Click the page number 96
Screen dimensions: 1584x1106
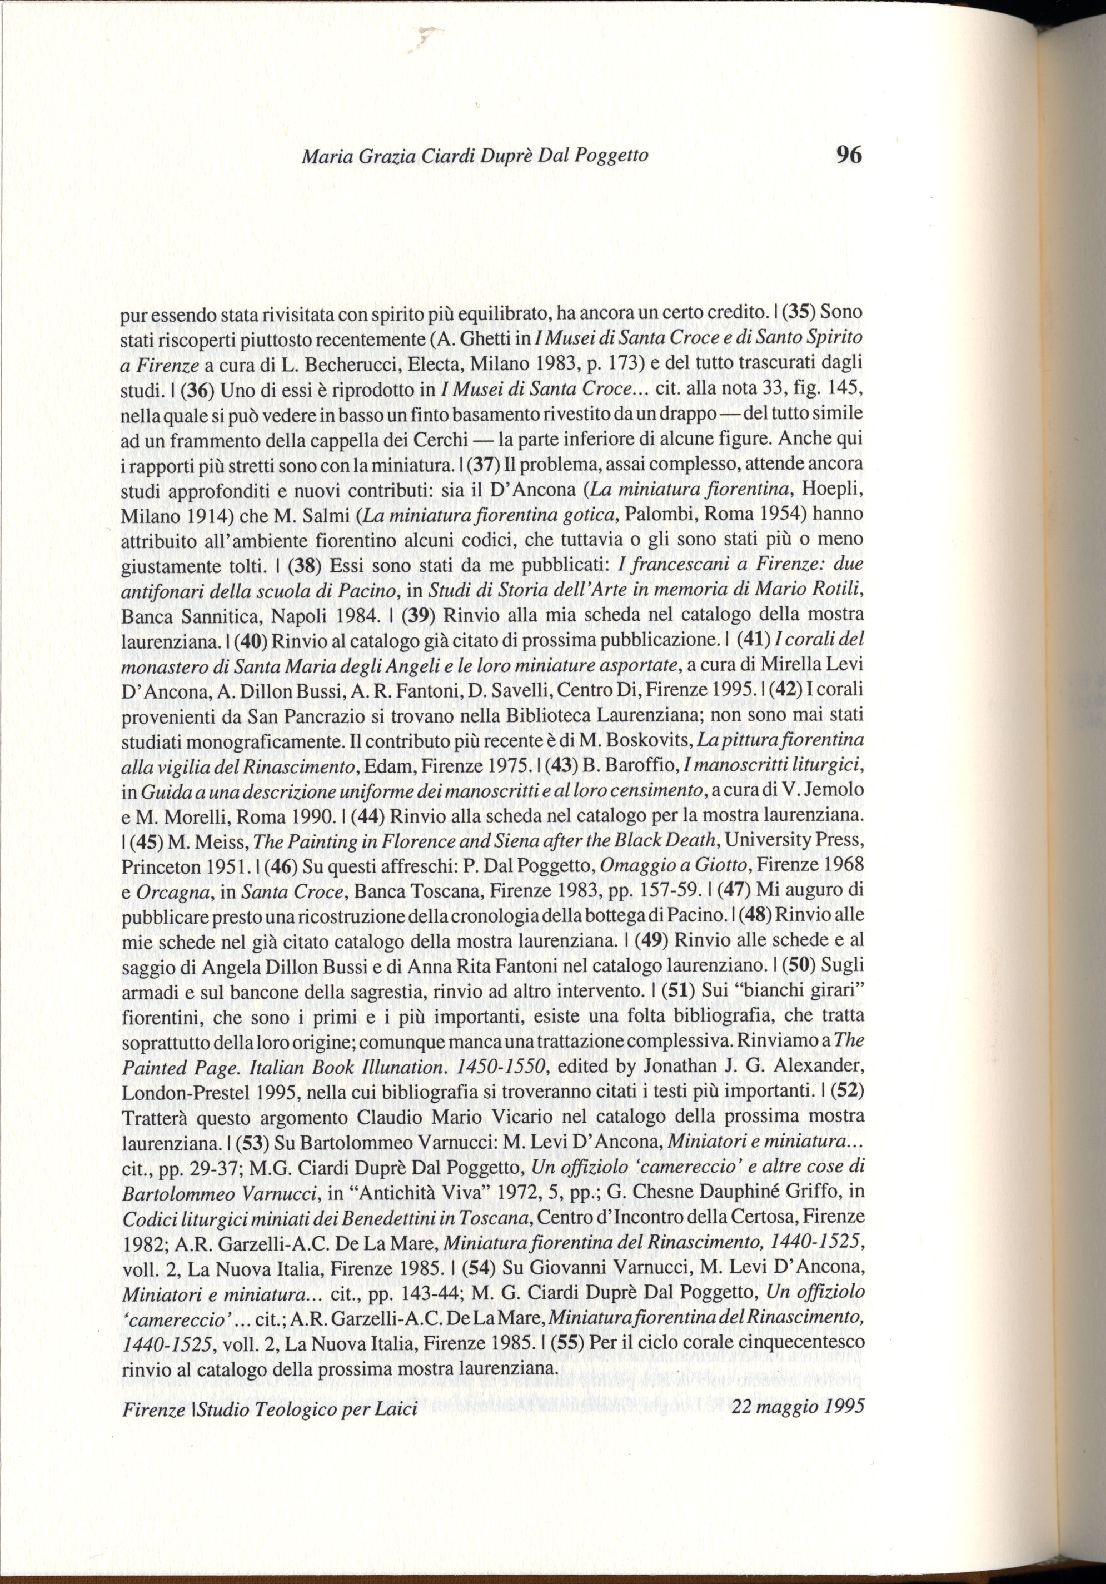pos(849,155)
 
